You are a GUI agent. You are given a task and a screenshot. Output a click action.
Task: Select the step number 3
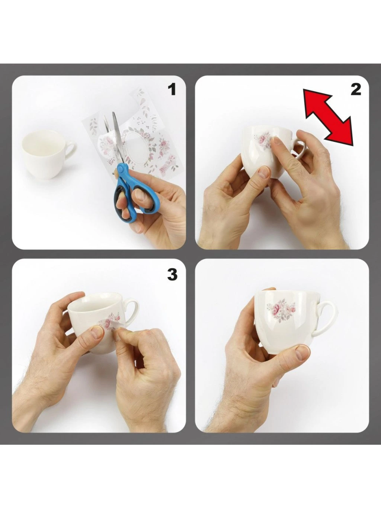click(172, 275)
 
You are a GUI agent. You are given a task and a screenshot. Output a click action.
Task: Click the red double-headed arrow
click(329, 117)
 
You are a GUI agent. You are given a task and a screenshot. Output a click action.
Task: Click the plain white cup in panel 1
click(47, 154)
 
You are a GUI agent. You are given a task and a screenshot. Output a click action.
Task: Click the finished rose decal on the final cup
click(281, 310)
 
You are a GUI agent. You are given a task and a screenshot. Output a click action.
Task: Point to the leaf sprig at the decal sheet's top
click(141, 95)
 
